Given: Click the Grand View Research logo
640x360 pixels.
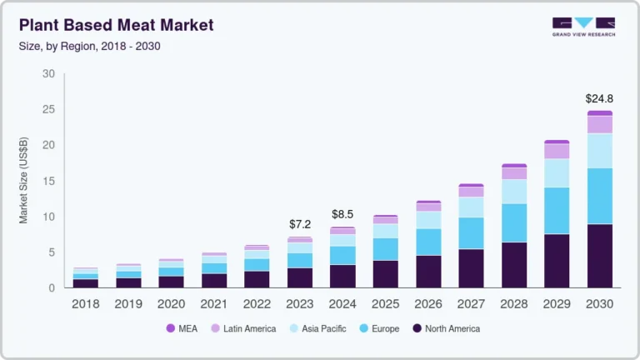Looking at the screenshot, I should (x=583, y=27).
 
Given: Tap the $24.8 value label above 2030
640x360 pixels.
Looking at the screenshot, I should (x=599, y=98).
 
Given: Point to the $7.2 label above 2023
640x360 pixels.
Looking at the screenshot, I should (x=300, y=225).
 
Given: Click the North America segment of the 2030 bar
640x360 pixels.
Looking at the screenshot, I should (x=599, y=256).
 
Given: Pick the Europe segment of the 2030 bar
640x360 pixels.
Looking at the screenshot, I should (x=599, y=196).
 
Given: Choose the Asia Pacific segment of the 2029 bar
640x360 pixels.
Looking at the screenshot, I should (x=557, y=172).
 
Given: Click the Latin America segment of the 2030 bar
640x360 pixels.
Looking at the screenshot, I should (x=599, y=124).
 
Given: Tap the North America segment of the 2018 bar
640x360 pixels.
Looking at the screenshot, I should (x=86, y=283).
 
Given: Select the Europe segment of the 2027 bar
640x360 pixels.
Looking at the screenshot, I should (x=471, y=233).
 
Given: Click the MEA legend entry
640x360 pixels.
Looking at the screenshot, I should (x=184, y=328).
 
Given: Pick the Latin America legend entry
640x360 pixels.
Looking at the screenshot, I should (x=242, y=328).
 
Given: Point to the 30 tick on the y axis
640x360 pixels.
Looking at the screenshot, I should (x=48, y=74).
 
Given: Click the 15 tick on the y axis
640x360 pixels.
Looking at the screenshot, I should (x=48, y=181).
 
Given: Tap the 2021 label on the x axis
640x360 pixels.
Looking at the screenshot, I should (x=214, y=304).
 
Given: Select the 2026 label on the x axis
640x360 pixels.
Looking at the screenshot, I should (x=428, y=304).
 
